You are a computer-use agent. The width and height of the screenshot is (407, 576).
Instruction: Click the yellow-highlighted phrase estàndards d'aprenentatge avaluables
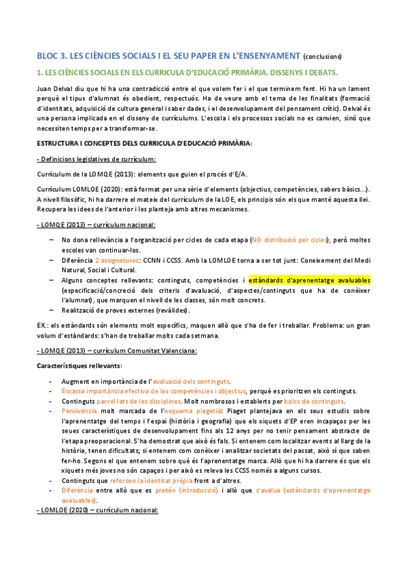point(309,260)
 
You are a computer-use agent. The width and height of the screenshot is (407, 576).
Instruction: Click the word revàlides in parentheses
point(168,310)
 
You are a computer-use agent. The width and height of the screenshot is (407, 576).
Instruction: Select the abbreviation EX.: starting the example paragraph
point(43,326)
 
